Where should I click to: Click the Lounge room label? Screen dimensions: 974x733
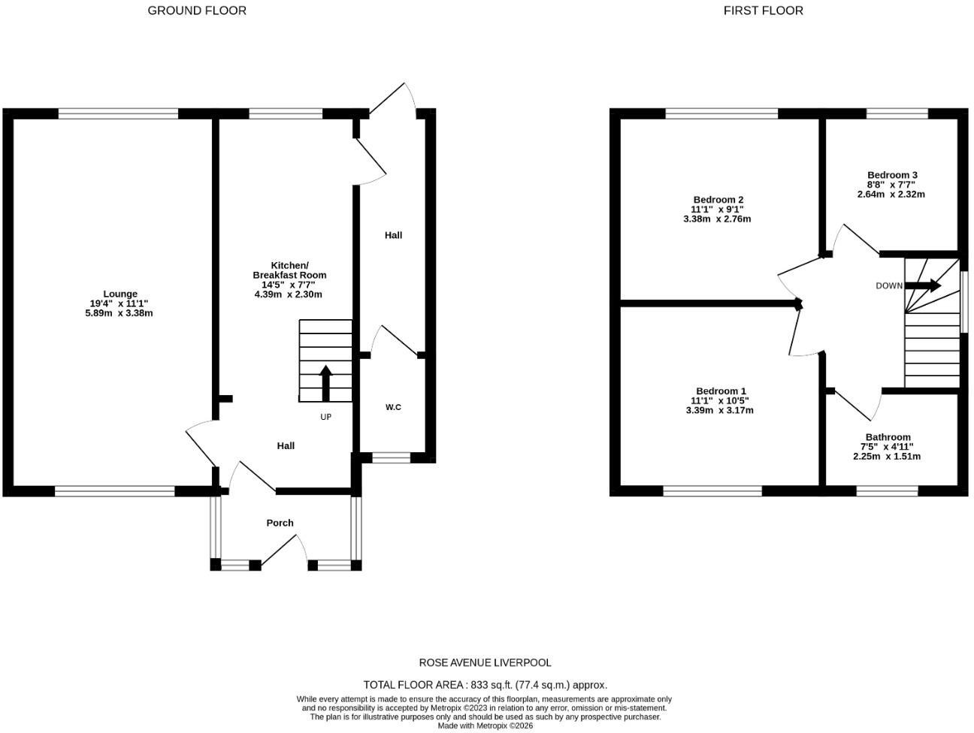tap(119, 294)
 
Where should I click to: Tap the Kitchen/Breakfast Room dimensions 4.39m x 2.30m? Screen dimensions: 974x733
tap(288, 294)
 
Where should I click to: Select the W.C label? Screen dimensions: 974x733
tap(393, 407)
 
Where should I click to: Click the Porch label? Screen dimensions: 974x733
tap(280, 523)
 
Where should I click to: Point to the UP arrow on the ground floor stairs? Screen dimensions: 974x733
tap(325, 383)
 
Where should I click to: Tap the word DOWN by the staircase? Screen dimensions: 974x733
tap(889, 286)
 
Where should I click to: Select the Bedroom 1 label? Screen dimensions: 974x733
tap(721, 391)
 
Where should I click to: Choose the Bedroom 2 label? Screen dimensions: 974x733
tap(718, 200)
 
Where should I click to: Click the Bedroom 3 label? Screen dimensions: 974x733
tap(892, 175)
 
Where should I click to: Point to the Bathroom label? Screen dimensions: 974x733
tap(888, 437)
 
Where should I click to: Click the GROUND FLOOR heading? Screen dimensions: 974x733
tap(197, 11)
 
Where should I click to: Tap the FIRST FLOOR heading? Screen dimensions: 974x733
tap(763, 11)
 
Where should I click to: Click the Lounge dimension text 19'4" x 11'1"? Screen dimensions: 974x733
tap(119, 303)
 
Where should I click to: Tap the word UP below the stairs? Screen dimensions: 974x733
tap(325, 418)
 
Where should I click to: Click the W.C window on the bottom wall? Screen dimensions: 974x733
tap(391, 457)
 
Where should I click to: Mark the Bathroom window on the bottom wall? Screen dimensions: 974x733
tap(887, 491)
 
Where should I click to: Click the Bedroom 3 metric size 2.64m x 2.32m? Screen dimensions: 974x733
tap(891, 195)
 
